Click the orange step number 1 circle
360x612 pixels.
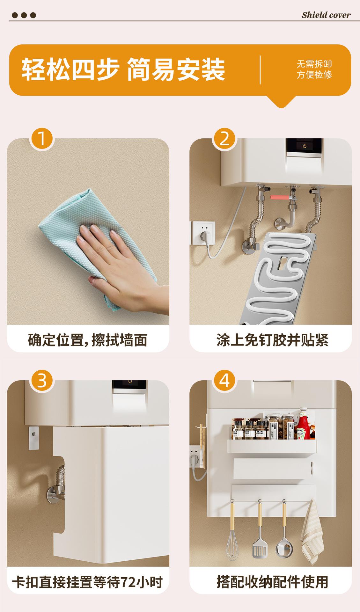tap(42, 139)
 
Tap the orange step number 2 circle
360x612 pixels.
tap(224, 139)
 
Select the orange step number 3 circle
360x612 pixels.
tap(42, 381)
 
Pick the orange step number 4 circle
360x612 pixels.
tap(224, 381)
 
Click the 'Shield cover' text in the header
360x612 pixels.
tap(326, 15)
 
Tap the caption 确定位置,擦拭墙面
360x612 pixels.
tap(88, 340)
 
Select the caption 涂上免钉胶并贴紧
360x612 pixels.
tap(272, 340)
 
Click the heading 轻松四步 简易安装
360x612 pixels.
tap(123, 69)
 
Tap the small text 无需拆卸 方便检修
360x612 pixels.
tap(314, 69)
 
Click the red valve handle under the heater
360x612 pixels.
tap(277, 197)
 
